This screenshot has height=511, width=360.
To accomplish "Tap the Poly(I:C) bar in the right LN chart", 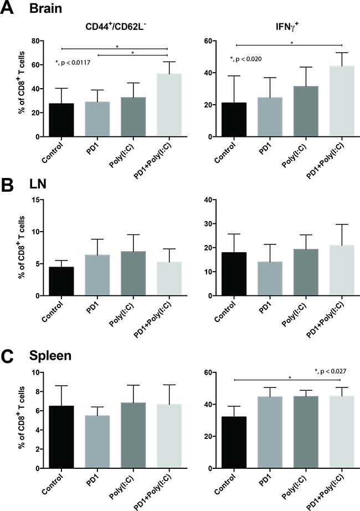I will [305, 272].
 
